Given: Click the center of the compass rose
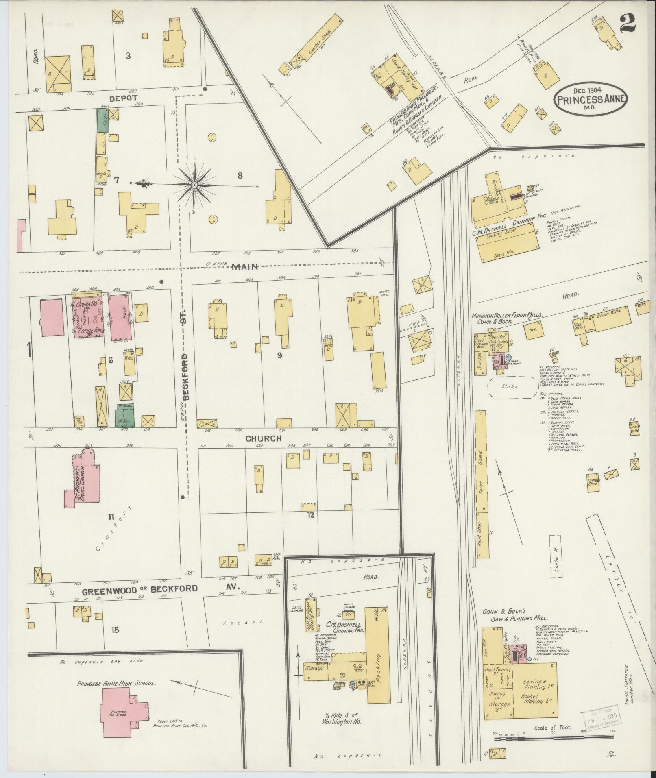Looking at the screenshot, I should [x=195, y=185].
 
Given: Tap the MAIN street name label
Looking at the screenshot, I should [x=245, y=267].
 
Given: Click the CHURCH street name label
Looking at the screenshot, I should [x=264, y=438].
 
